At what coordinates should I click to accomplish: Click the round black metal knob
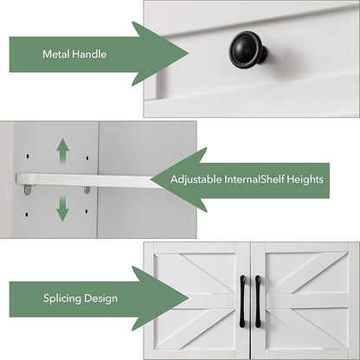pos(247,49)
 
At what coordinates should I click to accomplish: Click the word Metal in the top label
pos(56,54)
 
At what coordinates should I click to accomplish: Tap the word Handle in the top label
pos(89,54)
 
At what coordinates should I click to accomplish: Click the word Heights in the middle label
pos(305,179)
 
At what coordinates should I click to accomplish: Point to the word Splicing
pos(61,299)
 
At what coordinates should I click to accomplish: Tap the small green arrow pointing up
pos(62,151)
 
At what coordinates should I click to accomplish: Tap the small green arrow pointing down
pos(62,209)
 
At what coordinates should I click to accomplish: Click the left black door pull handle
pos(242,301)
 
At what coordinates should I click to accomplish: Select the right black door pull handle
pos(258,301)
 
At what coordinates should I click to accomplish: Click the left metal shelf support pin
pos(28,190)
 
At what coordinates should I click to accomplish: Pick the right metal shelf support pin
pos(87,190)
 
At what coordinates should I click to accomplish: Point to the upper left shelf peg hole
pos(28,157)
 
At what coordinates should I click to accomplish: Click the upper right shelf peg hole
pos(87,158)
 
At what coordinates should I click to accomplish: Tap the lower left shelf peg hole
pos(27,215)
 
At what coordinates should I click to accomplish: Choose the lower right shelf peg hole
pos(87,212)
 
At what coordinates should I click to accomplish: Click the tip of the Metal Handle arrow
pos(189,54)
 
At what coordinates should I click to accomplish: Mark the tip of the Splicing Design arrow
pos(189,299)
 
